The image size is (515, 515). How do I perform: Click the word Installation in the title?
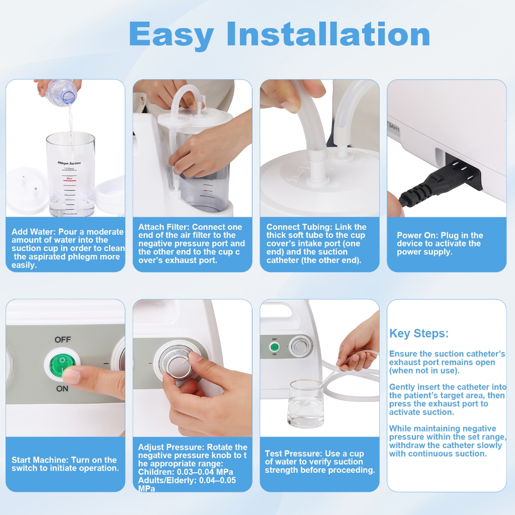(x=328, y=34)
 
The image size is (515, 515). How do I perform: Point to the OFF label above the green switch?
(x=63, y=339)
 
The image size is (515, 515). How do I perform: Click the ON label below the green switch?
(x=62, y=389)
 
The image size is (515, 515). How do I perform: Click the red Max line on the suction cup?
(x=69, y=181)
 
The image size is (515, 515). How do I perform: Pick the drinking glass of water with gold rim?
(x=307, y=404)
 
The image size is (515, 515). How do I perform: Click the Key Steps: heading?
(x=419, y=333)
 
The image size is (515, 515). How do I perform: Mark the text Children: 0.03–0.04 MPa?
(x=186, y=472)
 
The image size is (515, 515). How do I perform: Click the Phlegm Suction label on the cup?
(x=69, y=163)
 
